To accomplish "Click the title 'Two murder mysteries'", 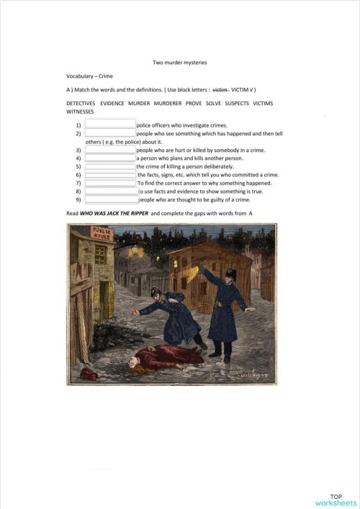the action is (179, 63).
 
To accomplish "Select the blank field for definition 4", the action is (110, 158).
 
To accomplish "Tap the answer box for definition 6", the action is (111, 174).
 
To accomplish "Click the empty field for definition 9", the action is (112, 199).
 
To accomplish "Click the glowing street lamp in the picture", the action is (134, 251).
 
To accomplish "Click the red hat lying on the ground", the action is (89, 372).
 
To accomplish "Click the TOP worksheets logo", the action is (336, 500).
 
